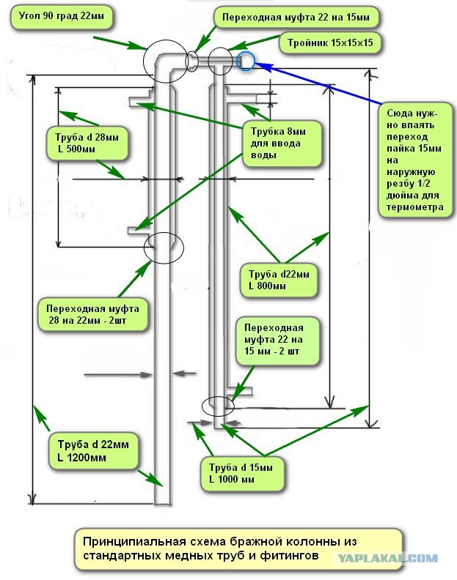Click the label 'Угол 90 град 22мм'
(x=61, y=17)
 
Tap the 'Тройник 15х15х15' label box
(x=330, y=43)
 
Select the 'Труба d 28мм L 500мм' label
(x=87, y=144)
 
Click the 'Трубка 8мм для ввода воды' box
(x=282, y=143)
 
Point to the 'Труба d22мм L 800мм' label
(x=278, y=280)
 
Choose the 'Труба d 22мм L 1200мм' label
(x=93, y=451)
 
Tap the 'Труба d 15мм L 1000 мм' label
(x=242, y=474)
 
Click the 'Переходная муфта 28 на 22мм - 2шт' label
(x=92, y=314)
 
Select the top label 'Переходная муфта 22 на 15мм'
(x=296, y=18)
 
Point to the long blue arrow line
(x=319, y=83)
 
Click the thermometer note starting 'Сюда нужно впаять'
(x=414, y=160)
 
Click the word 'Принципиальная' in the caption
(x=134, y=542)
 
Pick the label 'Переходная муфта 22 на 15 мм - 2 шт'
(x=277, y=340)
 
